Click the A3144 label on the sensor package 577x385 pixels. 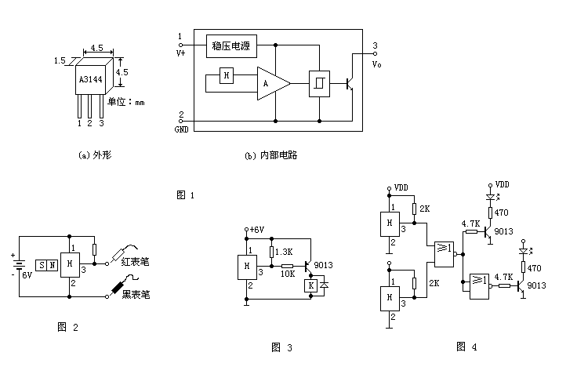coord(96,80)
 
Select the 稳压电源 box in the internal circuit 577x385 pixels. coord(230,46)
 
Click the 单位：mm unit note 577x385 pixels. coord(126,102)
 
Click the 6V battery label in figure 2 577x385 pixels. coord(27,274)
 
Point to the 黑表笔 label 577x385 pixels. coord(136,294)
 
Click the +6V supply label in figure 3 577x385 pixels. coord(256,230)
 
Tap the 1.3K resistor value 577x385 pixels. coord(284,252)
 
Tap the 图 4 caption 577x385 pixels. coord(467,346)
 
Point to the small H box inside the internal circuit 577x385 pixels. coord(226,76)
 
